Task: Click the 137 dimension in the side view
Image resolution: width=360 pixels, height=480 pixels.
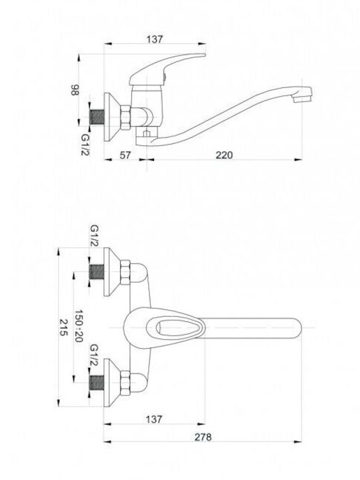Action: (x=155, y=39)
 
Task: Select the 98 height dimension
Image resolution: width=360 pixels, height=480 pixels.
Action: (x=75, y=90)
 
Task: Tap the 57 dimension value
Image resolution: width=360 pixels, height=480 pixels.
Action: (x=125, y=155)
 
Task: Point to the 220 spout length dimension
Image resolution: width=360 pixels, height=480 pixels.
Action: (x=224, y=155)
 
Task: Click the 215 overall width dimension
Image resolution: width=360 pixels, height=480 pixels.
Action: (x=63, y=327)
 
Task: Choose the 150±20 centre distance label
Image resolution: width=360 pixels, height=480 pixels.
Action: (x=79, y=325)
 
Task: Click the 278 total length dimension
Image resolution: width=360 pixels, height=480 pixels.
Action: (x=203, y=437)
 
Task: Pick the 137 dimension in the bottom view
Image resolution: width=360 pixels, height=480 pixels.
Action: (x=154, y=419)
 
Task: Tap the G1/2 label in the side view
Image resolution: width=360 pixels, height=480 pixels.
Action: (x=85, y=145)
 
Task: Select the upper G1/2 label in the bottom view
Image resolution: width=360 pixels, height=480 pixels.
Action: (x=94, y=236)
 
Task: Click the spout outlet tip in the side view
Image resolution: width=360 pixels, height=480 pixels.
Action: (x=303, y=95)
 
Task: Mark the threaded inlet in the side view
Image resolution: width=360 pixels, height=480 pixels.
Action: (x=97, y=117)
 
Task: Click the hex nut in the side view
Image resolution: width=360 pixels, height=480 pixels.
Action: (x=125, y=117)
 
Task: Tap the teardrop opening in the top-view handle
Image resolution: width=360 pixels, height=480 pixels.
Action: (x=177, y=327)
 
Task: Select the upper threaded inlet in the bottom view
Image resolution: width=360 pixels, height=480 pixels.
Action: (x=97, y=272)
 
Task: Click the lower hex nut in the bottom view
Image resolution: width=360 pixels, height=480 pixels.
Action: (x=125, y=383)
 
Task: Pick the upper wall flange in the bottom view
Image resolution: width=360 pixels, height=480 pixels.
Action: (x=112, y=272)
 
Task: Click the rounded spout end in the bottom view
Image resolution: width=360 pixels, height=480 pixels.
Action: (x=295, y=328)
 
